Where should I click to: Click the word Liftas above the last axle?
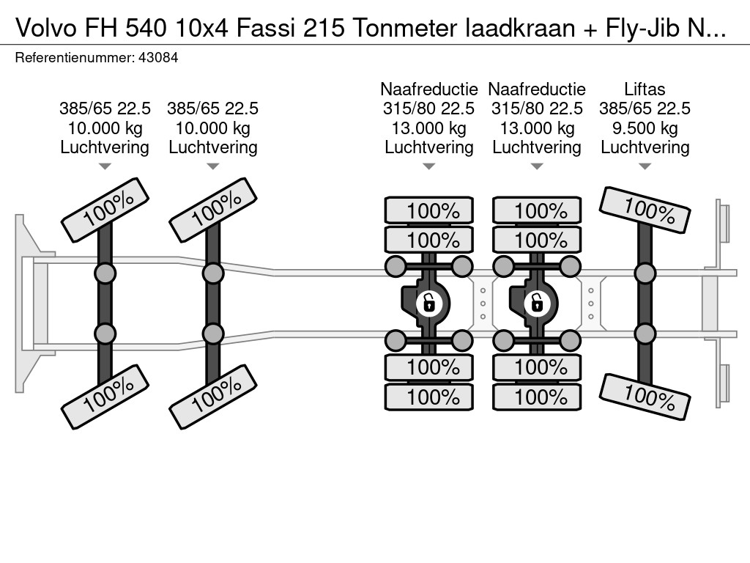[645, 89]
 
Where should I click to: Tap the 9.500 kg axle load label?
[645, 128]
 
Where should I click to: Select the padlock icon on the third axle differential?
[428, 301]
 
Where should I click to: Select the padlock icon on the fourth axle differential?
[536, 301]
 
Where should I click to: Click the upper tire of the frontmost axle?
[105, 209]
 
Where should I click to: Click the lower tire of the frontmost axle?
[105, 396]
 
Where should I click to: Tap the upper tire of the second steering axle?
[212, 209]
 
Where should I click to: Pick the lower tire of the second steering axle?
[212, 396]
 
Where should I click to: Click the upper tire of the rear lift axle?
[645, 209]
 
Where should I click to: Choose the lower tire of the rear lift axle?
[645, 397]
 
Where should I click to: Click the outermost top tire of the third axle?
[428, 211]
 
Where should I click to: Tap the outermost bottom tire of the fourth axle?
[536, 397]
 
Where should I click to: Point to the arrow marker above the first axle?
[105, 166]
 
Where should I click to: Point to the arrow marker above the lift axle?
[645, 166]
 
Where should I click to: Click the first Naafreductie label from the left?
[428, 89]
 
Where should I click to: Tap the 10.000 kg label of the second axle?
[212, 128]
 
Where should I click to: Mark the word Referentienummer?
[73, 57]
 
